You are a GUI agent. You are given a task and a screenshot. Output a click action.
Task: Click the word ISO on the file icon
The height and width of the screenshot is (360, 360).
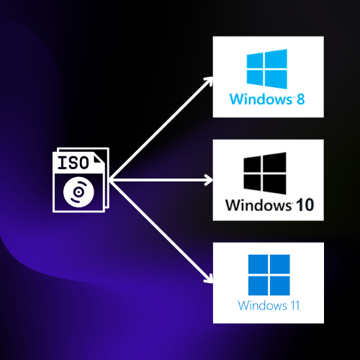point(73,163)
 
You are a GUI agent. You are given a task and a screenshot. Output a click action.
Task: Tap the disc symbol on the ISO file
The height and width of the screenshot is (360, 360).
point(78,192)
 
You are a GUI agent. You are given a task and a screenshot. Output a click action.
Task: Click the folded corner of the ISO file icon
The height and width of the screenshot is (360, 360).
point(99,160)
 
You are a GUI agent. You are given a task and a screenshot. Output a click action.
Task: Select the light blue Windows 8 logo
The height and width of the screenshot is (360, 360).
point(267,69)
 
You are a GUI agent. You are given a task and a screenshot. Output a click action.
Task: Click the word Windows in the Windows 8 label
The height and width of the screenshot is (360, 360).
point(261,99)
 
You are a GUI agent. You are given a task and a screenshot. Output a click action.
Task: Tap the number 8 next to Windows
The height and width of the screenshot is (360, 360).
point(301,99)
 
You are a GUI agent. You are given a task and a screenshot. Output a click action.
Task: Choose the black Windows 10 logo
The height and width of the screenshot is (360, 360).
point(265,174)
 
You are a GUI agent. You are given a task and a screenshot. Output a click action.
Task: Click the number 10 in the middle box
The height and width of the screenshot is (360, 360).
point(305,205)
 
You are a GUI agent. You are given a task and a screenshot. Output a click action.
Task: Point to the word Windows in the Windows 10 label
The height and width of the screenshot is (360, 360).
point(259,205)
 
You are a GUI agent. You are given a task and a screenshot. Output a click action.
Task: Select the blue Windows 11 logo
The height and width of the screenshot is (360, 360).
point(269,275)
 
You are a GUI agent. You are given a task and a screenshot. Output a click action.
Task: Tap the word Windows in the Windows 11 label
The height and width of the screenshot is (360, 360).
point(262,305)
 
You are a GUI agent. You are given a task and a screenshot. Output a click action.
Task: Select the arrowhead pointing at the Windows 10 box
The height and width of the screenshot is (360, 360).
point(209,180)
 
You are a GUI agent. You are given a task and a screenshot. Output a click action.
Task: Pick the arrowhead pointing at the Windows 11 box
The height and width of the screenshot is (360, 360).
point(209,279)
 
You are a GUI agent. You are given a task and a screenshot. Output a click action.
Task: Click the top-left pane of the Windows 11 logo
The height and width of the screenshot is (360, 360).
point(258,264)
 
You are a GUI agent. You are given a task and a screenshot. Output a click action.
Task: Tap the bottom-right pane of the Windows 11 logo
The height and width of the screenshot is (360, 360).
point(280,286)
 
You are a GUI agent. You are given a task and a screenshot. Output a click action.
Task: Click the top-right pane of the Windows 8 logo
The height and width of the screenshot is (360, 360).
point(276,59)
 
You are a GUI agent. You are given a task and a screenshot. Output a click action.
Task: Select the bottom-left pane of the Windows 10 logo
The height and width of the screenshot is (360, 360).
point(252,182)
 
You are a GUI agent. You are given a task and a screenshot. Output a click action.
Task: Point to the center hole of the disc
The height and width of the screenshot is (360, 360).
point(78,192)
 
